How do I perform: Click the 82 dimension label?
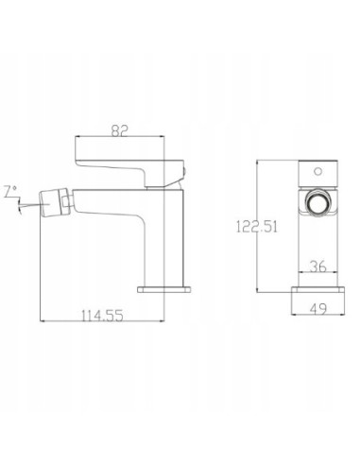(120, 130)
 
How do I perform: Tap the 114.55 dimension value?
(102, 316)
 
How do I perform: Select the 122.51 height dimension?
(257, 227)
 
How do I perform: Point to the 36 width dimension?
(318, 267)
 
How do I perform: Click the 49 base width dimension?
(318, 309)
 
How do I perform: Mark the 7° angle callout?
(10, 192)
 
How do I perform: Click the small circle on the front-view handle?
(318, 172)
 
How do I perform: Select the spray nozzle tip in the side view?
(51, 202)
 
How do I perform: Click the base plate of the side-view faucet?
(164, 289)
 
